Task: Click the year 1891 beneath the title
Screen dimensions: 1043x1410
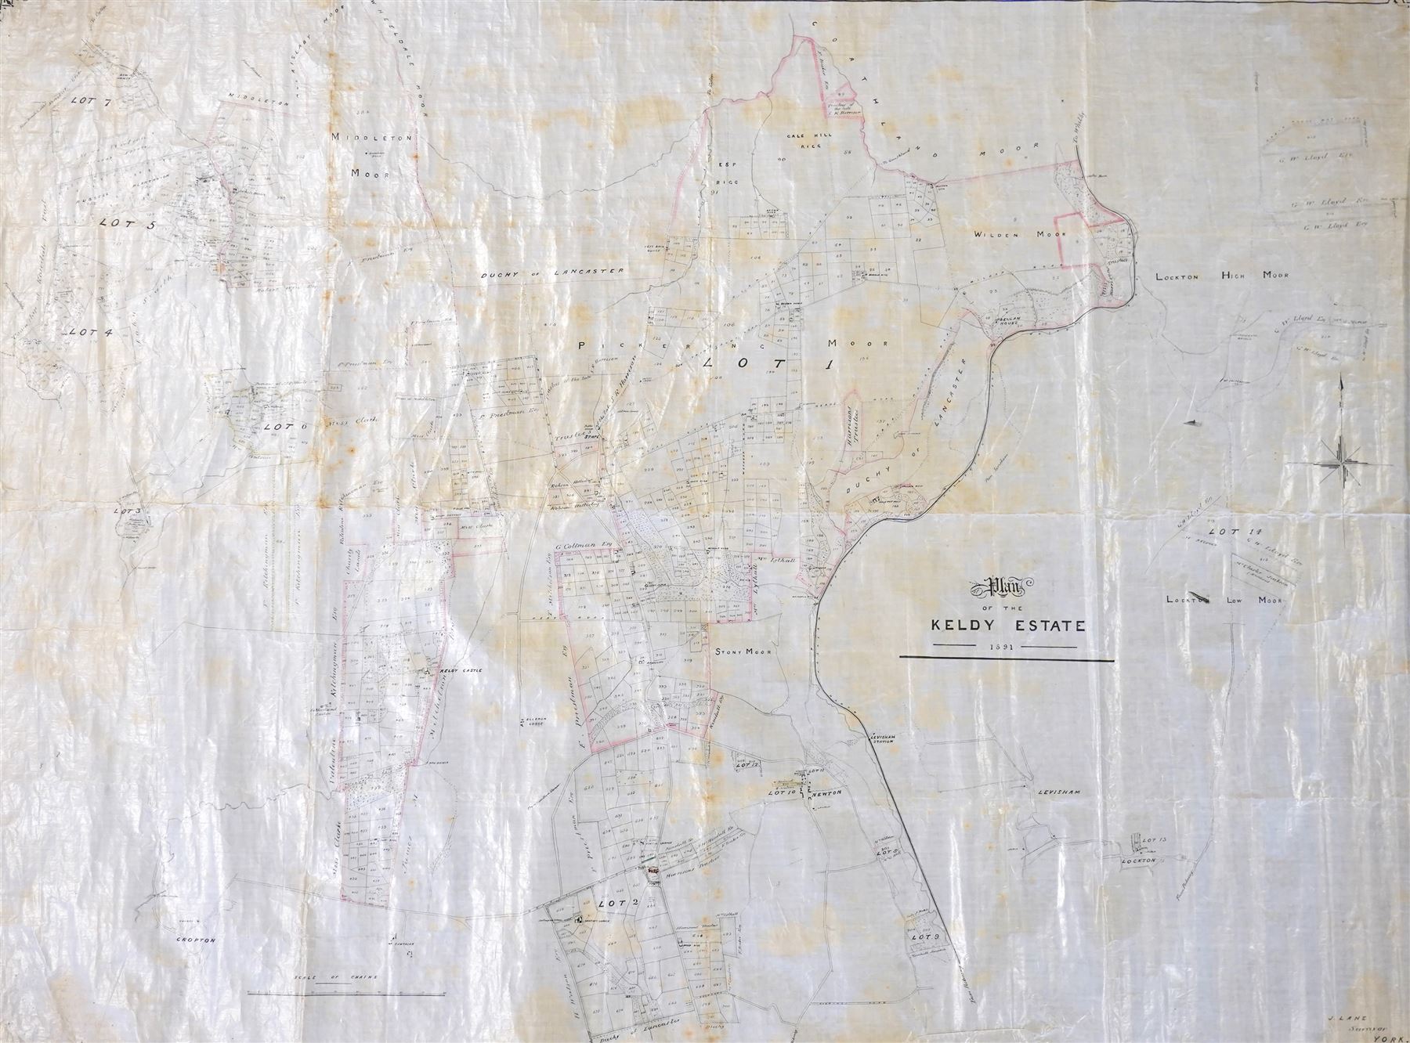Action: (x=1002, y=647)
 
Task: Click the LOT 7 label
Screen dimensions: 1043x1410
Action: (x=88, y=101)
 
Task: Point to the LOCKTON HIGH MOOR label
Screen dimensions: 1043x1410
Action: (x=1222, y=276)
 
